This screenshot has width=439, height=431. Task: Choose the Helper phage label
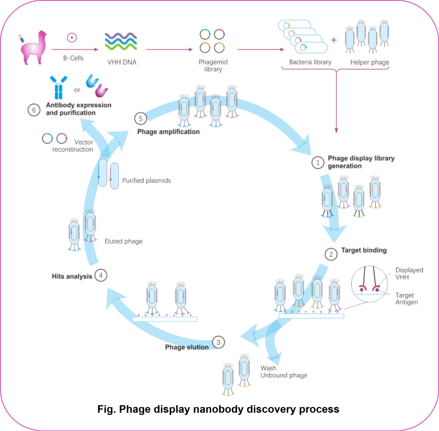coord(370,62)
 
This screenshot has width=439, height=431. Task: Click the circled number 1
coord(318,162)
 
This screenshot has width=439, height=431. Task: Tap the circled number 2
coord(331,254)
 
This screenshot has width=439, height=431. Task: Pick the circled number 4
coord(101,276)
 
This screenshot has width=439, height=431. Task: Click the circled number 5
coord(141,119)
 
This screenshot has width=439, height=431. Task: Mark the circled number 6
coord(34,110)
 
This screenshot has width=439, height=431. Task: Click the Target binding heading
coord(364,250)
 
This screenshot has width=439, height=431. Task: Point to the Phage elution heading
coord(187,347)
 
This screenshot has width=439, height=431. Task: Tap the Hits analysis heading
coord(72,276)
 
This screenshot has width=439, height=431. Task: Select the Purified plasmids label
coord(146,180)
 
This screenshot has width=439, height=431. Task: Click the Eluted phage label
coord(123,241)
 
